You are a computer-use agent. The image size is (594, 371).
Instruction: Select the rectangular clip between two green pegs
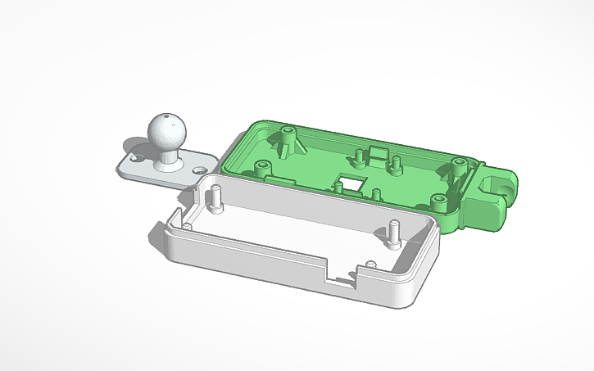pyautogui.click(x=379, y=153)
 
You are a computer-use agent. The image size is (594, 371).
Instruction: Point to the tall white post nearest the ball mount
pyautogui.click(x=215, y=198)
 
